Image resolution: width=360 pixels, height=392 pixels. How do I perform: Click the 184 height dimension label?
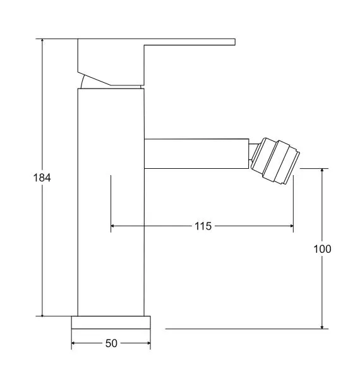tap(42, 178)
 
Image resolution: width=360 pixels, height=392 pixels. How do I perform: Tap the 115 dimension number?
tap(203, 226)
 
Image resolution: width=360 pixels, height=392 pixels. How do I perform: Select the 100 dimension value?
tap(322, 248)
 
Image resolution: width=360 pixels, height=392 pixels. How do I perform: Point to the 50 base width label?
tap(111, 343)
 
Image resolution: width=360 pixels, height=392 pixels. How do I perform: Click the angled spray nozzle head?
tap(275, 161)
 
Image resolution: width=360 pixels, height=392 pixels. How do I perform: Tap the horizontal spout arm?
tap(196, 154)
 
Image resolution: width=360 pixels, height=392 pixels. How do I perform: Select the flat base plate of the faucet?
tap(111, 322)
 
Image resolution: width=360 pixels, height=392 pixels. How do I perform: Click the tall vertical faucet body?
tap(111, 202)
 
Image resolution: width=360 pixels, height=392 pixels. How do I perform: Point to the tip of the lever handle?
tap(235, 42)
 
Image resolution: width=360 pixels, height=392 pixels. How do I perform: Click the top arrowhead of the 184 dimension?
tap(42, 40)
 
